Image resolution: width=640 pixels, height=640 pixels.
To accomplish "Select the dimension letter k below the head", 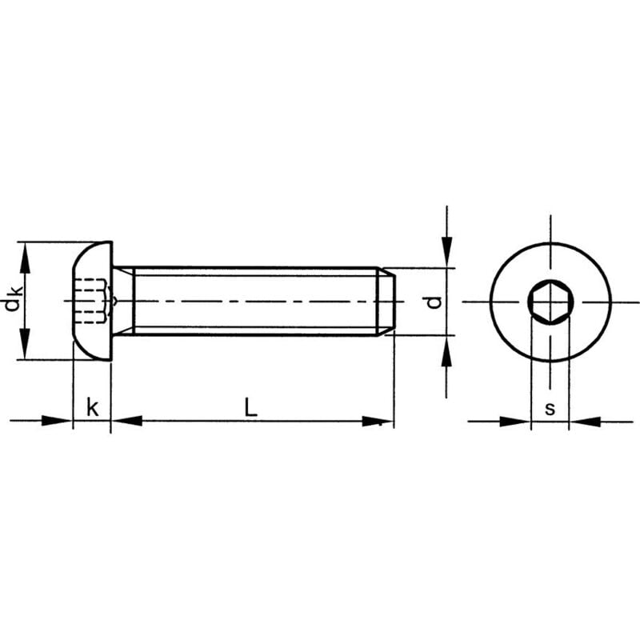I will click(92, 408).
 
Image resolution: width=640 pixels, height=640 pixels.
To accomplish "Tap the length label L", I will click(251, 408).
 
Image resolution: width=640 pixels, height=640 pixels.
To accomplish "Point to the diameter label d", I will click(433, 302).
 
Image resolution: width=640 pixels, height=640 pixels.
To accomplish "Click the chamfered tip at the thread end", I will click(386, 302).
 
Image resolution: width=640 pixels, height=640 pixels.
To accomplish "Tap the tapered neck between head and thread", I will click(122, 301).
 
